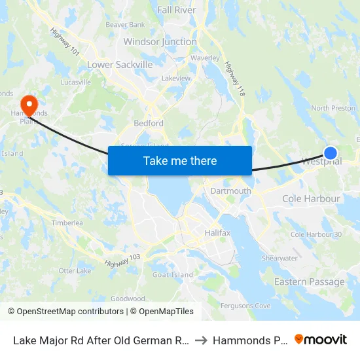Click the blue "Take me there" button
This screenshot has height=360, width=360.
180,160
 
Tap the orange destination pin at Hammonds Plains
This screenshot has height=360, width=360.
29,104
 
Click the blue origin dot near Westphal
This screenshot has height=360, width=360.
331,153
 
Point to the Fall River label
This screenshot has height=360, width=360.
177,10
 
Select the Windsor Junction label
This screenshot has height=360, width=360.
160,42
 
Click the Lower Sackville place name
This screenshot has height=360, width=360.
120,65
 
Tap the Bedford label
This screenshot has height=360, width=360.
149,123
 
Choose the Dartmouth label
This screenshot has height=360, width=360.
230,191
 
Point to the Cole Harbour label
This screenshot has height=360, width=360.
311,198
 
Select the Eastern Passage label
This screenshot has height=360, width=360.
309,282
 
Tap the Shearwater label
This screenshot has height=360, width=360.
279,258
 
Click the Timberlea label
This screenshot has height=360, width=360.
67,223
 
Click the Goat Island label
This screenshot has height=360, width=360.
173,275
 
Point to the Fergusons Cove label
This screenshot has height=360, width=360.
245,306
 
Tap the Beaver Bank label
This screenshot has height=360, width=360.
125,25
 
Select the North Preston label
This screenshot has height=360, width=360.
333,108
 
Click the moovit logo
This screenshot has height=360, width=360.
321,339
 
